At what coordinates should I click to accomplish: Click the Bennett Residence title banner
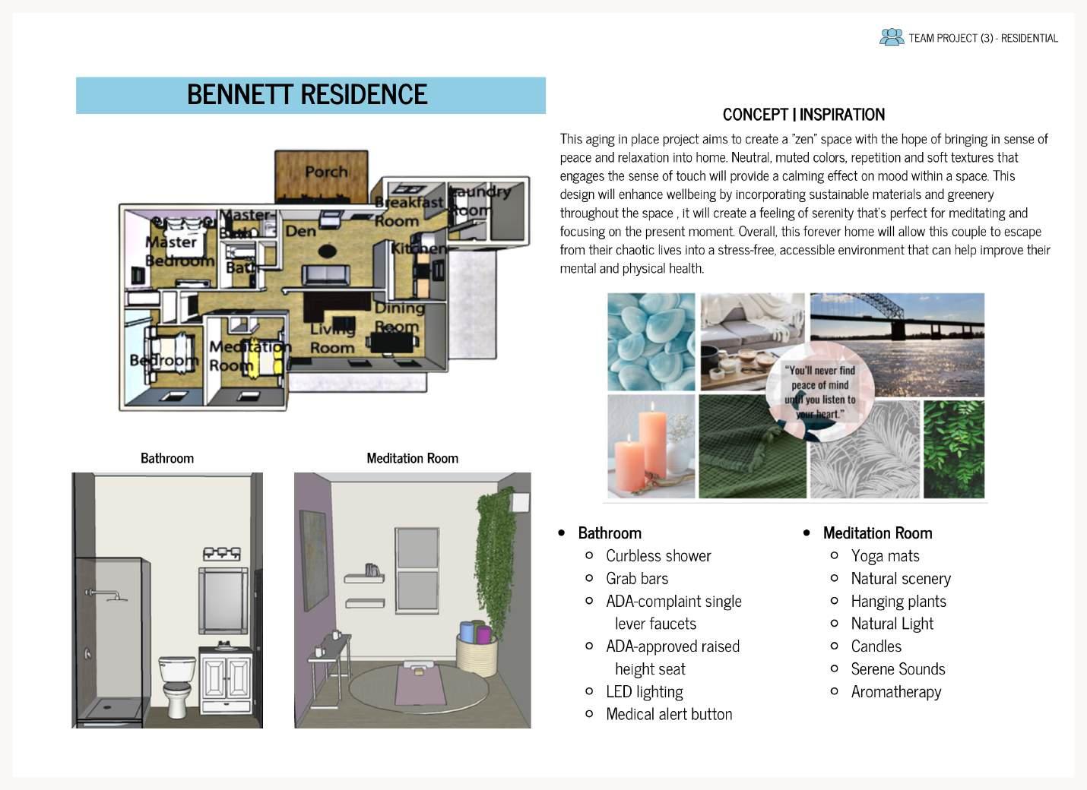310,95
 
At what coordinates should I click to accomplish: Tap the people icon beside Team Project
891,37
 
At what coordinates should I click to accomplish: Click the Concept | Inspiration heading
803,115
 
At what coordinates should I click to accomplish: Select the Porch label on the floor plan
326,172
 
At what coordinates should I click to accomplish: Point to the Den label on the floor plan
300,230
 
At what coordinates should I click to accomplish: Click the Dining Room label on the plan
398,317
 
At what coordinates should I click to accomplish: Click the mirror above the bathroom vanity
223,600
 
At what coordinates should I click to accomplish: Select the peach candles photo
651,447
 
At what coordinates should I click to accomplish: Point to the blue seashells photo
651,342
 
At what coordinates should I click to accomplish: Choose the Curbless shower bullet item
658,556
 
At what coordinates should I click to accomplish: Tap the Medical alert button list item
669,715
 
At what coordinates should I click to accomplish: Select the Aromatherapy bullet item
895,692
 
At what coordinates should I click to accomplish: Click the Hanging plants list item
898,602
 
